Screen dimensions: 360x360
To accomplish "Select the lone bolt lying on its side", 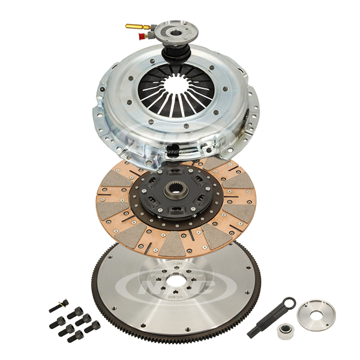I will coord(59,305).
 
